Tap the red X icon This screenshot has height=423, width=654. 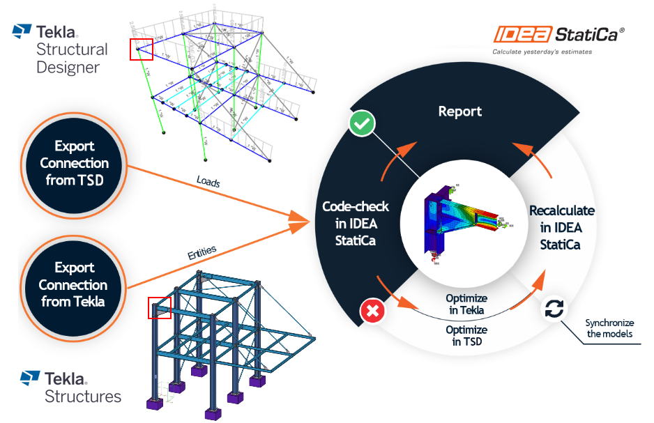click(x=372, y=312)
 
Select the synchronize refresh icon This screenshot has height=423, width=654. click(x=554, y=309)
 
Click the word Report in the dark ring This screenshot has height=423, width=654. click(x=459, y=111)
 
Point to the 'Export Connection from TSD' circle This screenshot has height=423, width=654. click(x=74, y=163)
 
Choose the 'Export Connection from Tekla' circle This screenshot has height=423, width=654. click(x=73, y=284)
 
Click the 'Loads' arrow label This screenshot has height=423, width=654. click(x=208, y=183)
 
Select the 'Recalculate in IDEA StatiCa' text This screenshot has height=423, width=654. click(x=561, y=227)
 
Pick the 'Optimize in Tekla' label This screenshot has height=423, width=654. click(x=466, y=304)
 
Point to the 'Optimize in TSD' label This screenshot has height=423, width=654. click(x=466, y=335)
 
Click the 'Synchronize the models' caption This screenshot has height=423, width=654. click(x=609, y=328)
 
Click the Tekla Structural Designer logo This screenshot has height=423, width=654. click(x=61, y=49)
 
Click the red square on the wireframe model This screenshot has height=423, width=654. click(x=142, y=49)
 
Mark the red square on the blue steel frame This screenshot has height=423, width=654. click(x=159, y=308)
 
